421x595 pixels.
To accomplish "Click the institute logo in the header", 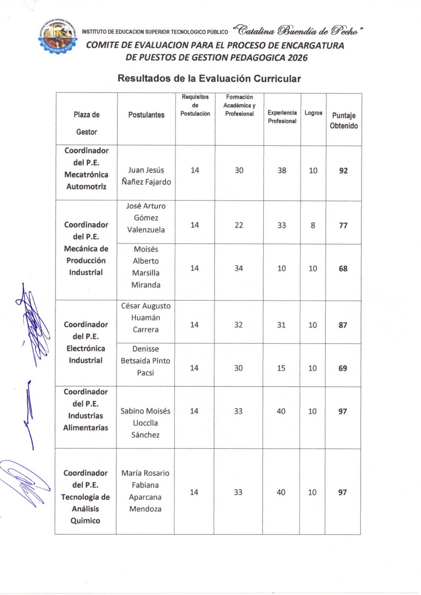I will pyautogui.click(x=58, y=37).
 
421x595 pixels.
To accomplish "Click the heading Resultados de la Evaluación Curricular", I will pyautogui.click(x=209, y=78).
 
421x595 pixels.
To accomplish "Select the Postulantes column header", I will pyautogui.click(x=146, y=115).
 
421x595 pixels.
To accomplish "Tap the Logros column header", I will pyautogui.click(x=313, y=113).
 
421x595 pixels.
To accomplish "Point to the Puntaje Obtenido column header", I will pyautogui.click(x=344, y=120).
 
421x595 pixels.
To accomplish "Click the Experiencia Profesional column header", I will pyautogui.click(x=282, y=117).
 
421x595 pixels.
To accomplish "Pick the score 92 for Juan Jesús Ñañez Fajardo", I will pyautogui.click(x=343, y=171).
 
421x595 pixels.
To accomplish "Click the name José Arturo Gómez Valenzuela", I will pyautogui.click(x=146, y=218).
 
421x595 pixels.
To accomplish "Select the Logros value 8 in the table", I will pyautogui.click(x=313, y=225).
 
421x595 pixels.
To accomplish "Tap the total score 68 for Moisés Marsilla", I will pyautogui.click(x=343, y=268).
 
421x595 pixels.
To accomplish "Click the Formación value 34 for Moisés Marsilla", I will pyautogui.click(x=238, y=268).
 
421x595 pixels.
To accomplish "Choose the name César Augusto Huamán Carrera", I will pyautogui.click(x=146, y=318).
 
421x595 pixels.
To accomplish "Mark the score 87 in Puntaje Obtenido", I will pyautogui.click(x=343, y=325).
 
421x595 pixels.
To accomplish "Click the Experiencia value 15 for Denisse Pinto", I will pyautogui.click(x=281, y=368).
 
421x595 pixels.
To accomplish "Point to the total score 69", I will pyautogui.click(x=343, y=368).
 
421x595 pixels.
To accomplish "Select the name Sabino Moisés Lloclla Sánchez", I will pyautogui.click(x=145, y=423).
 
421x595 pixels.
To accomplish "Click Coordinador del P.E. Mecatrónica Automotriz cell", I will pyautogui.click(x=86, y=168).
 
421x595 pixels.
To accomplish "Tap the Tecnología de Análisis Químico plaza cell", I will pyautogui.click(x=86, y=497).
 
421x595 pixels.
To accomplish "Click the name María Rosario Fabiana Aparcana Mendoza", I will pyautogui.click(x=145, y=491).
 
